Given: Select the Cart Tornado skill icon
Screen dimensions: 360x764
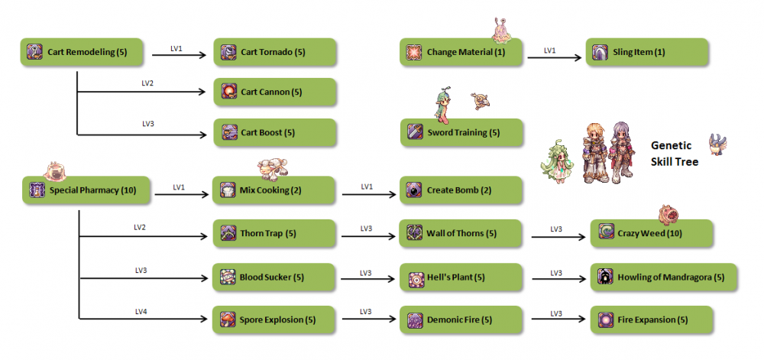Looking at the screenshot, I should coord(228,52).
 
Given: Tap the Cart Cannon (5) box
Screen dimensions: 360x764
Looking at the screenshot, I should coord(274,92).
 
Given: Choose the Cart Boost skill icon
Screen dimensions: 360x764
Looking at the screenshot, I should coord(228,132).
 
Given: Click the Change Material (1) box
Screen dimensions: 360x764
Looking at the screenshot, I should coord(461,52).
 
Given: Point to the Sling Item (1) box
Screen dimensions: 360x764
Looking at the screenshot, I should coord(648,52).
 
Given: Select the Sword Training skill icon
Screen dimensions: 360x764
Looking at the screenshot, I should coord(415,132).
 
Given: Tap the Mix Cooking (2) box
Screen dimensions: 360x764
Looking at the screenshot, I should coord(274,190).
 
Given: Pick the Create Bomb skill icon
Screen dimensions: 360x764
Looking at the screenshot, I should coord(415,190).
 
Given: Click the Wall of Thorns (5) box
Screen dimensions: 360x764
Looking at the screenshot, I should coord(461,233).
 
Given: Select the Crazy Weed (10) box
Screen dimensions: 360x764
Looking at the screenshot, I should coord(652,233).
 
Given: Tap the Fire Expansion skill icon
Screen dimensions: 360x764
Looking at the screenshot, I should coord(605,319).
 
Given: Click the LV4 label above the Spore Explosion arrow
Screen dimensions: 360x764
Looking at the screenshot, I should coord(141,311).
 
